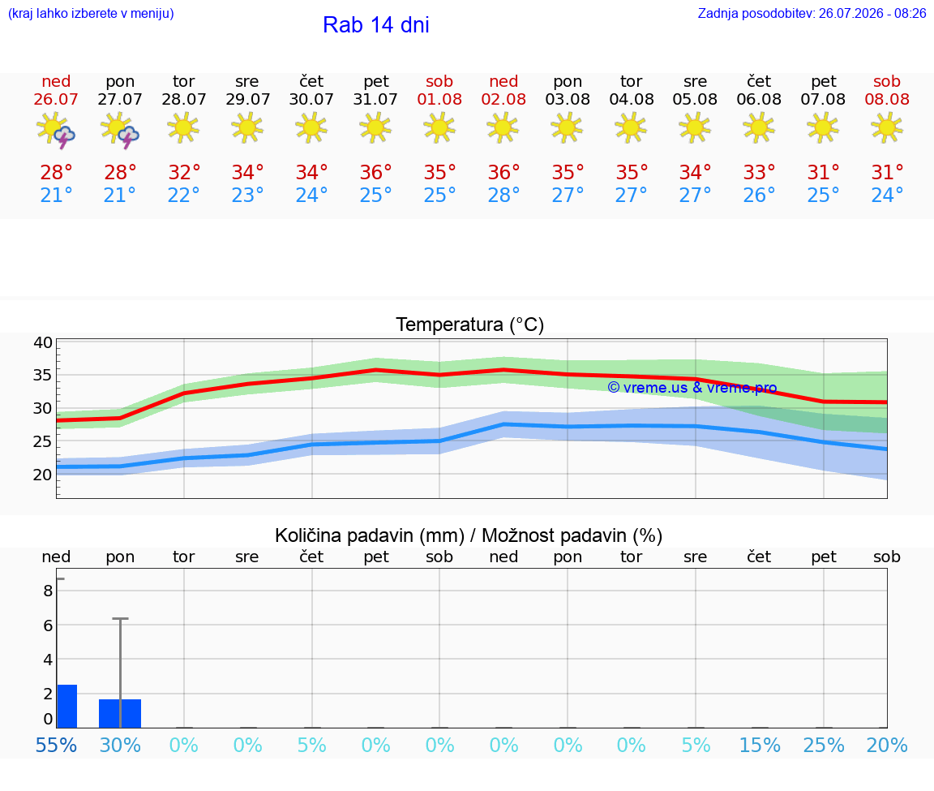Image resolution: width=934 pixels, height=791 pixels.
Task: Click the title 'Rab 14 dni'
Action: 376,25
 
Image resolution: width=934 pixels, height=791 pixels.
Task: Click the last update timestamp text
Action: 812,14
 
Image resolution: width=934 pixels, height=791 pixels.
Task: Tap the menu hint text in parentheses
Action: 91,14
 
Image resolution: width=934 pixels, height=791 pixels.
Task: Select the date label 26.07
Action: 56,99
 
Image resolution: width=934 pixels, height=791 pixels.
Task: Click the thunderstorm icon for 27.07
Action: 120,129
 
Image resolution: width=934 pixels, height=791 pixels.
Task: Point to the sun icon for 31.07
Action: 375,127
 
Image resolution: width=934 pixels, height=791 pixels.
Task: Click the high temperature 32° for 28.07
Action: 184,172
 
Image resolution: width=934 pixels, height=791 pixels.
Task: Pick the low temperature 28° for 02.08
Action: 503,195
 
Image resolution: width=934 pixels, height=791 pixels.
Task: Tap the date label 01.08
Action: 439,99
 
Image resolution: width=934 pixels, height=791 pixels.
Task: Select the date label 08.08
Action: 887,99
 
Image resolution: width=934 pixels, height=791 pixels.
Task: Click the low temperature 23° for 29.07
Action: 248,195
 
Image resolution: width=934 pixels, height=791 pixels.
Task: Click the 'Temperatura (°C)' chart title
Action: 470,325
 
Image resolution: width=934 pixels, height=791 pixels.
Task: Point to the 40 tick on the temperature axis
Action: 43,342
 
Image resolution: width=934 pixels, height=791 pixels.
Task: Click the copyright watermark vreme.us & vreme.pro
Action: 692,388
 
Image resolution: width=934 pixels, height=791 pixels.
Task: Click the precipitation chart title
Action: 469,535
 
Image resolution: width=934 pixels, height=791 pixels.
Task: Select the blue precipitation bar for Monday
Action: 120,713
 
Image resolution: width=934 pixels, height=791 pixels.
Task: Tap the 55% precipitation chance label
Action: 56,745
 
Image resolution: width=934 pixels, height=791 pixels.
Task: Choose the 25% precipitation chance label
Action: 824,745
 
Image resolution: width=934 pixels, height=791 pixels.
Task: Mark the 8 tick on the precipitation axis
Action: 48,591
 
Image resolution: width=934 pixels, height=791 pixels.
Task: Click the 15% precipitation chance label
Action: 760,745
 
